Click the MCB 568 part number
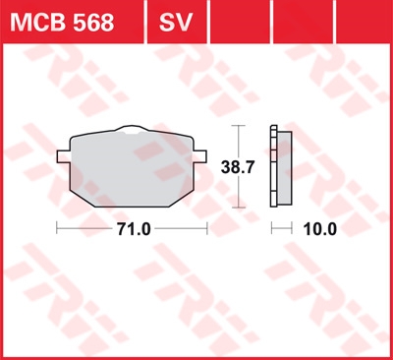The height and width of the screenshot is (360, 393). pos(62,23)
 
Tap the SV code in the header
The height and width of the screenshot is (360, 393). pos(176,23)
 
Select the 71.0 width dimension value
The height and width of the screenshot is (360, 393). pos(134,229)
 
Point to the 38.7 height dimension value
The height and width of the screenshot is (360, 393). pos(238,167)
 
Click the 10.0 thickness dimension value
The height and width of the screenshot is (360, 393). pos(320,229)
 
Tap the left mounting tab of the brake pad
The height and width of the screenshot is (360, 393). pos(63,156)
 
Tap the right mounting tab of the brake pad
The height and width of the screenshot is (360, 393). pos(200,156)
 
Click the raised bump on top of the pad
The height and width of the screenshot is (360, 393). pos(132,129)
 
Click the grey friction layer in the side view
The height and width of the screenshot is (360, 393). pos(284,168)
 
